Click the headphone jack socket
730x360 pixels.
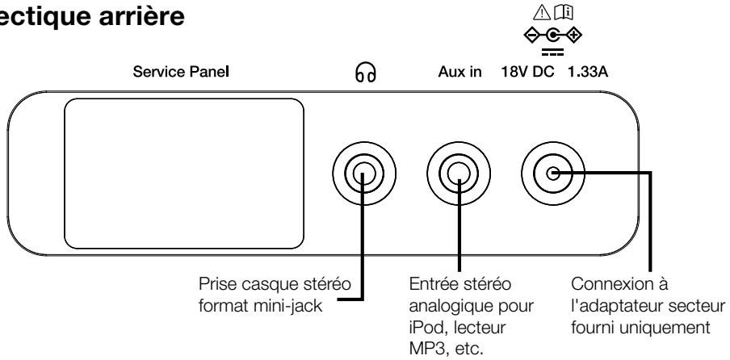pos(361,173)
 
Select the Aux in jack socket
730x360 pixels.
pos(458,173)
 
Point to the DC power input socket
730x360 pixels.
pos(552,173)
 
